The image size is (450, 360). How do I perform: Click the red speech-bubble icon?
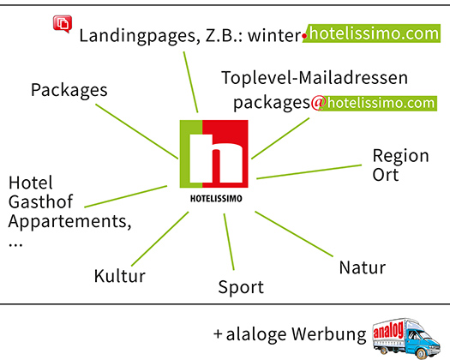pyautogui.click(x=63, y=24)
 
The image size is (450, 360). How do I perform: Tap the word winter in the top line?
pyautogui.click(x=273, y=36)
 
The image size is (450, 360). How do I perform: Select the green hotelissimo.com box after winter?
pyautogui.click(x=372, y=33)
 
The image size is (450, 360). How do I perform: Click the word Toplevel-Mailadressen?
pyautogui.click(x=315, y=78)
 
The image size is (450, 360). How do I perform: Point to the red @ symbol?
pyautogui.click(x=318, y=103)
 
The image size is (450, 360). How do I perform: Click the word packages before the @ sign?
pyautogui.click(x=272, y=104)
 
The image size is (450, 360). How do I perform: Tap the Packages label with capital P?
pyautogui.click(x=69, y=91)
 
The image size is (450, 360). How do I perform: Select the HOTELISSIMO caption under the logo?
pyautogui.click(x=216, y=199)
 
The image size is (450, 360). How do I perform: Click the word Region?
pyautogui.click(x=400, y=157)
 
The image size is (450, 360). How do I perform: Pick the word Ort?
pyautogui.click(x=386, y=175)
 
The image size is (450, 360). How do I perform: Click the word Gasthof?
pyautogui.click(x=40, y=201)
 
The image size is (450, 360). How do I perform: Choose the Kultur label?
pyautogui.click(x=120, y=276)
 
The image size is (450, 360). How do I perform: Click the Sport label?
pyautogui.click(x=241, y=287)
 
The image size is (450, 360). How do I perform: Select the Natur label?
pyautogui.click(x=363, y=267)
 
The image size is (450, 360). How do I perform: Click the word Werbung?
pyautogui.click(x=329, y=334)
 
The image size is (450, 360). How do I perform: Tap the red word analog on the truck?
pyautogui.click(x=388, y=331)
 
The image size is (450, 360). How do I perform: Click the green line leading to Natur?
pyautogui.click(x=294, y=234)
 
